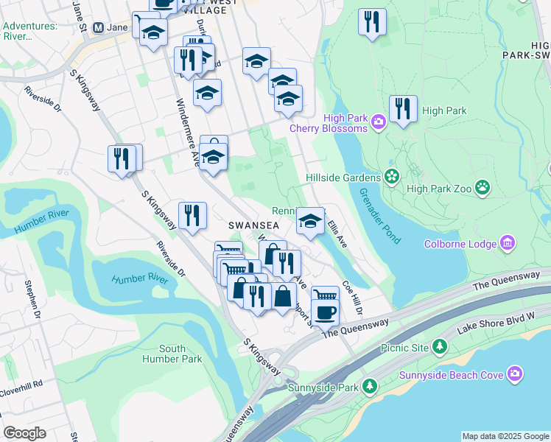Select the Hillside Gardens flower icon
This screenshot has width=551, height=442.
pyautogui.click(x=391, y=177)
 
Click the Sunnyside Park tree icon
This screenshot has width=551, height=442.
pyautogui.click(x=370, y=385)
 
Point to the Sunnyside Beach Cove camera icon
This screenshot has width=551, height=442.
pyautogui.click(x=516, y=374)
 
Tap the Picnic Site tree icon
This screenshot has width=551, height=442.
pyautogui.click(x=440, y=345)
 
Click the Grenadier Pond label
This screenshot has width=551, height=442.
pyautogui.click(x=379, y=216)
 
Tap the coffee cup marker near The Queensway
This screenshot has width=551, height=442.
pyautogui.click(x=325, y=311)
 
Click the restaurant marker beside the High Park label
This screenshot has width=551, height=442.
pyautogui.click(x=403, y=109)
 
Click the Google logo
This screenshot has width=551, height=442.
pyautogui.click(x=24, y=433)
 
